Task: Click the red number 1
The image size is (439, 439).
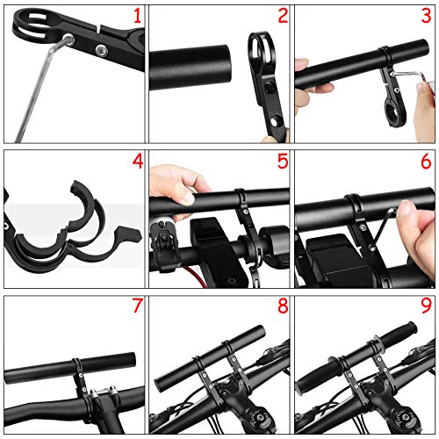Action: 137,16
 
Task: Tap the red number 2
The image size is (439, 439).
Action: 283,16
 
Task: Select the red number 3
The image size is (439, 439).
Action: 426,16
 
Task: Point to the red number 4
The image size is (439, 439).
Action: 138,162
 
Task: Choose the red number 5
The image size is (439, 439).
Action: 283,162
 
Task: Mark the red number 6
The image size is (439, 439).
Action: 426,162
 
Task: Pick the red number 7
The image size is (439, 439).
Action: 138,306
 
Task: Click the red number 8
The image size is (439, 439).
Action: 283,306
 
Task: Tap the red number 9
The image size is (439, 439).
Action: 426,306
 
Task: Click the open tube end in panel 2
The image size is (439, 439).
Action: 225,68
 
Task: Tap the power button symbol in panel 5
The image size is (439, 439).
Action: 232,281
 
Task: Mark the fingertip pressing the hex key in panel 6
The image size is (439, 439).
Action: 405,208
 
